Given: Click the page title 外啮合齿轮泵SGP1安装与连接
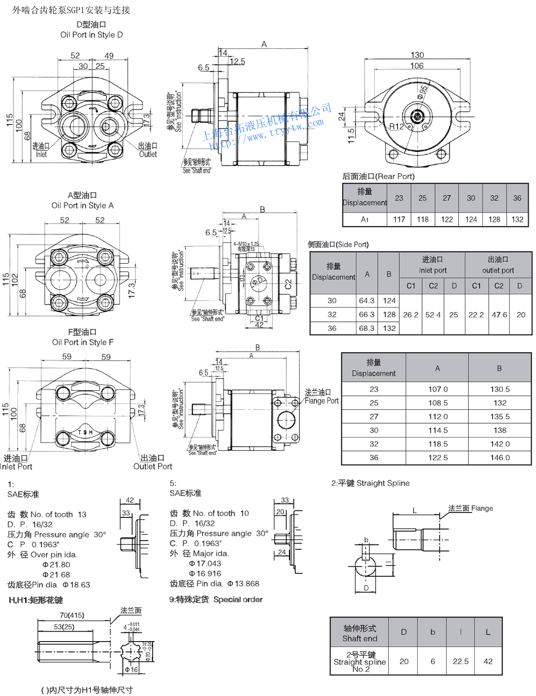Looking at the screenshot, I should [x=71, y=10].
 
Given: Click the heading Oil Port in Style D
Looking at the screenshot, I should [x=92, y=35].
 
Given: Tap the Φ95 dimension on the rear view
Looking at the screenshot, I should [x=423, y=92].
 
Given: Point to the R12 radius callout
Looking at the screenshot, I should [x=396, y=127].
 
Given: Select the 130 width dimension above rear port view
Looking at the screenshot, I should [x=417, y=55].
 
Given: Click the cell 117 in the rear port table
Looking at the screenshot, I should [x=399, y=219].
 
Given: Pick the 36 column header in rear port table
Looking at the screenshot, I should [x=517, y=198].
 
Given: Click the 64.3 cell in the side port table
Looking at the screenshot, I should [x=367, y=300].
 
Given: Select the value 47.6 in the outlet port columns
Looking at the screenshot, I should [x=499, y=315].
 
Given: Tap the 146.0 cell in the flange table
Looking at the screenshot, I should [x=500, y=458].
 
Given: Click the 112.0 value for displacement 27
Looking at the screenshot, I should [x=438, y=417].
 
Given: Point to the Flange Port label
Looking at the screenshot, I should [x=322, y=401].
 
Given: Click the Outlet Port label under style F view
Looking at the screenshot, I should [x=153, y=467].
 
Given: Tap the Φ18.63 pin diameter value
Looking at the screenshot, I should [x=76, y=585].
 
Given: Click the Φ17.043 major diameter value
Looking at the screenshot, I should [x=205, y=563].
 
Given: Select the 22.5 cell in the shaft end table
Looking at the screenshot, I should [x=461, y=661].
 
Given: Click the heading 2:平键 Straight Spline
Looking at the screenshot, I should [x=370, y=483].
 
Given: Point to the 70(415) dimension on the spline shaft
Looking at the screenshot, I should [x=72, y=615].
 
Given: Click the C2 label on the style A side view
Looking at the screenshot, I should [x=288, y=284].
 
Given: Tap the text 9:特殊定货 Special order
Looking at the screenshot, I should [x=216, y=600].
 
